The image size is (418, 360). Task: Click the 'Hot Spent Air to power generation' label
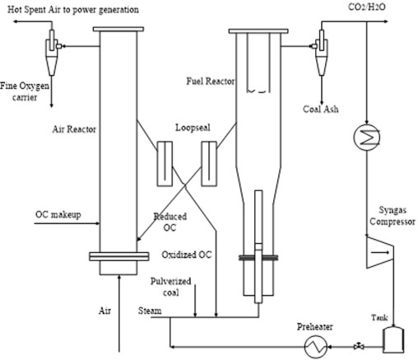coord(69,8)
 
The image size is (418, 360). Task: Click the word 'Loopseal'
coord(192,129)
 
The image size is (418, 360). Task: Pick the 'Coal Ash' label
coord(323,105)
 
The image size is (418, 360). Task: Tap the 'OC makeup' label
coord(56,214)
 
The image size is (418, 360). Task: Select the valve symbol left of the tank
coord(359,346)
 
